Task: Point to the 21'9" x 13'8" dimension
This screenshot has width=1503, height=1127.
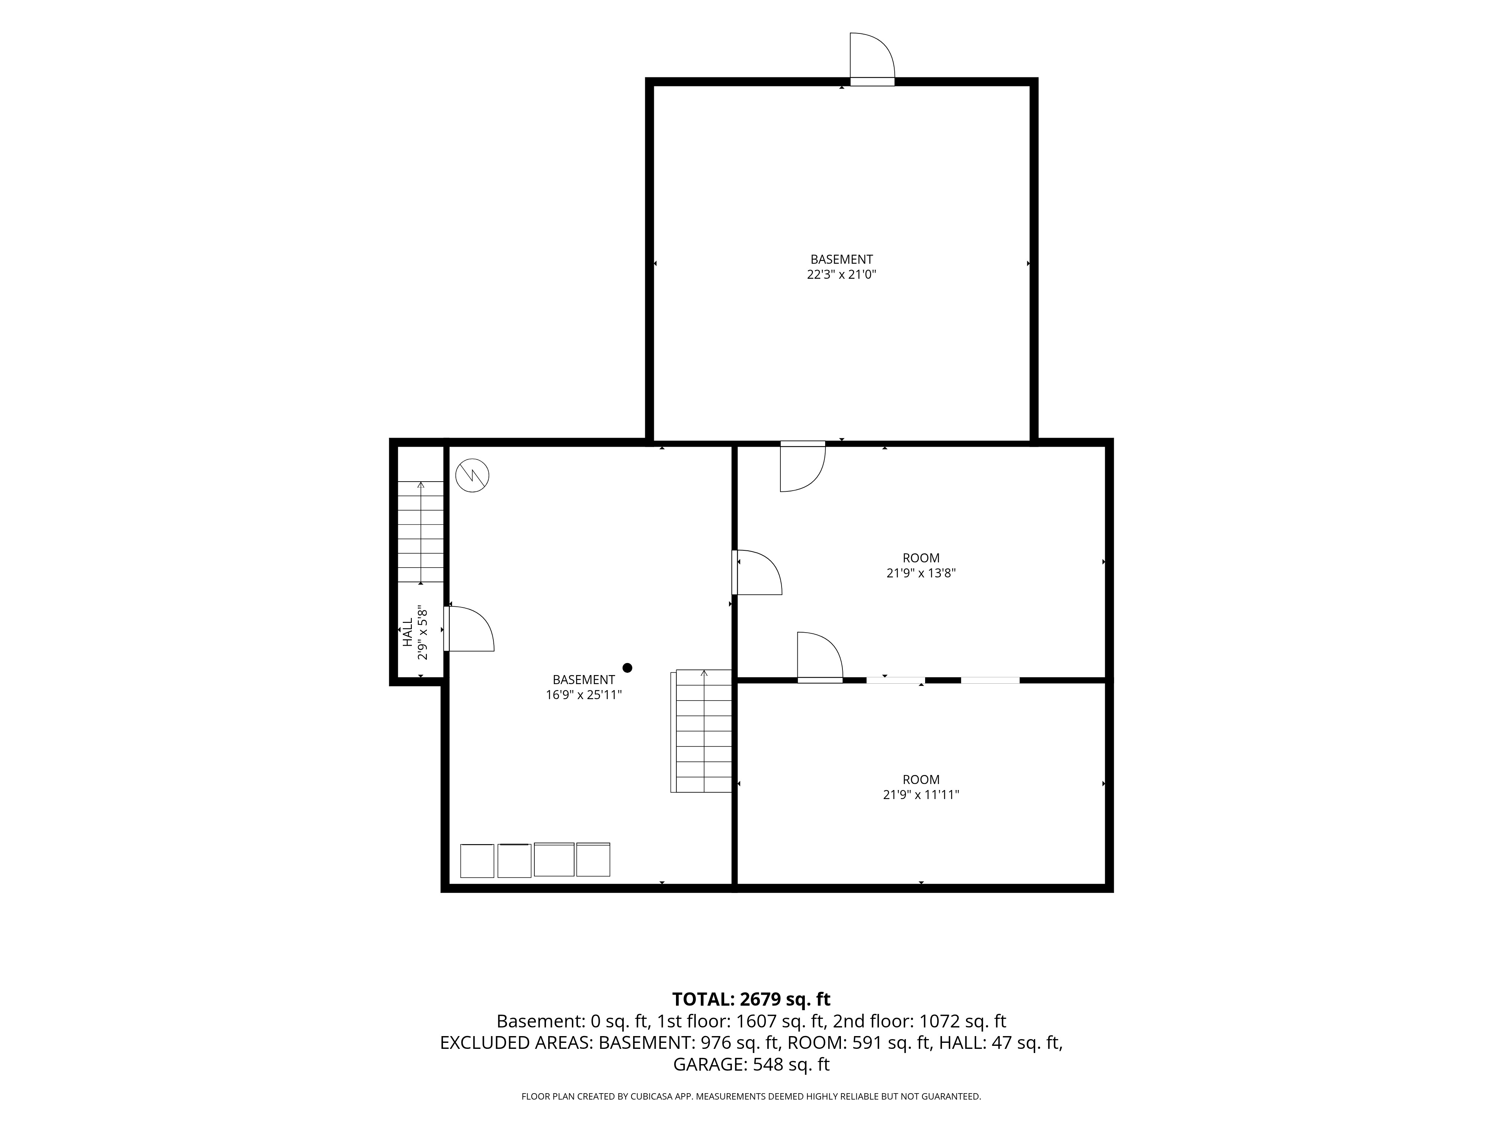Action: click(x=921, y=573)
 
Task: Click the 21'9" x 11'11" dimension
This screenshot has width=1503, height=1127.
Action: click(x=921, y=794)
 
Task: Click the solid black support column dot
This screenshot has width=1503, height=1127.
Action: click(x=627, y=668)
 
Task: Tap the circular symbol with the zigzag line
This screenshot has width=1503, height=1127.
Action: click(x=472, y=476)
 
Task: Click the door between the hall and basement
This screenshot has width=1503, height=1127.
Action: click(x=469, y=629)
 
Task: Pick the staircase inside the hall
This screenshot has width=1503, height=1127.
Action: click(x=420, y=532)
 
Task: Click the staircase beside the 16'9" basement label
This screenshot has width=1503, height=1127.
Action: click(x=701, y=731)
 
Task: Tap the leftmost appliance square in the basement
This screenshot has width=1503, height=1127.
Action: click(x=477, y=861)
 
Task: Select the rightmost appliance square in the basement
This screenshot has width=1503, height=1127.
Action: click(x=593, y=860)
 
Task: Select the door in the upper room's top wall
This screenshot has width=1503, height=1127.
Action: click(x=803, y=467)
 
